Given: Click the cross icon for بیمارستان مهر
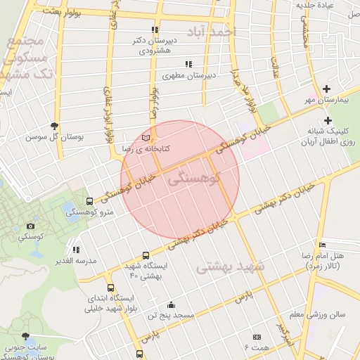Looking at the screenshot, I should tap(326, 89).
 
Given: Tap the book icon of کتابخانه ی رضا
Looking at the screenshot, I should tap(146, 138).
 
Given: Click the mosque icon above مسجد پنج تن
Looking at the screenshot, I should tap(171, 304).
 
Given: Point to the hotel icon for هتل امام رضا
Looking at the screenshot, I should tap(322, 244).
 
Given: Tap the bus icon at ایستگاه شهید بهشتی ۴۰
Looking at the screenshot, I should tap(146, 255).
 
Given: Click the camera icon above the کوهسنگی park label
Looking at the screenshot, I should tap(30, 226).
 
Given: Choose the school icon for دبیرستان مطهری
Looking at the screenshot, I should tap(188, 64).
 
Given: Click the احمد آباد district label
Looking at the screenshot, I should tap(214, 32).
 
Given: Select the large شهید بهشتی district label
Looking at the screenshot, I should tap(230, 267).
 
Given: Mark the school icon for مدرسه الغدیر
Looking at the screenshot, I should tap(75, 249).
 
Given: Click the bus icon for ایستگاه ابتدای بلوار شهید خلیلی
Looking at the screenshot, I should tap(110, 288).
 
